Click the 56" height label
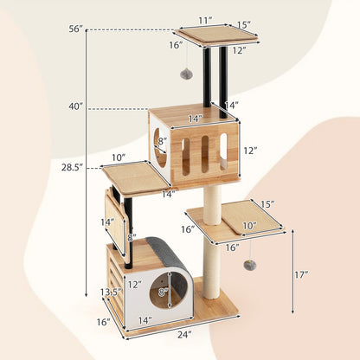click(76, 29)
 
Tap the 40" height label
click(76, 106)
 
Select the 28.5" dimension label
click(72, 165)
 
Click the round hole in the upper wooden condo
click(161, 147)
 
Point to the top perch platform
click(216, 36)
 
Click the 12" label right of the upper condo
click(251, 151)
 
